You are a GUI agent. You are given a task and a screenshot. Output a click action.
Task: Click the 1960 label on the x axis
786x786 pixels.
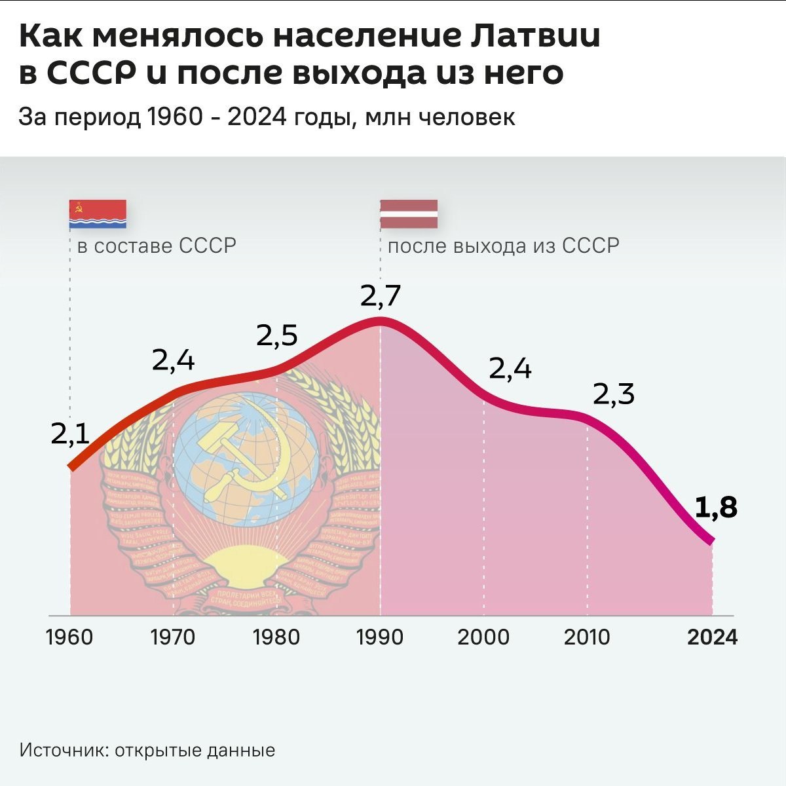pyautogui.click(x=69, y=637)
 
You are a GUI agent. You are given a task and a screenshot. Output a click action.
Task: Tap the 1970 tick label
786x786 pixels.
pyautogui.click(x=173, y=637)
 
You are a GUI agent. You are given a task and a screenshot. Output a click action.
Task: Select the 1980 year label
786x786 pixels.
pyautogui.click(x=276, y=637)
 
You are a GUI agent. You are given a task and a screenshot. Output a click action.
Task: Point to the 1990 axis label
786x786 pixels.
pyautogui.click(x=380, y=637)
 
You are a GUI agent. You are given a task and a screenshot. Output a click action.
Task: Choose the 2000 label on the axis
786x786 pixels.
pyautogui.click(x=483, y=637)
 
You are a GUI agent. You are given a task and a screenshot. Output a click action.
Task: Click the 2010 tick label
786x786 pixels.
pyautogui.click(x=587, y=637)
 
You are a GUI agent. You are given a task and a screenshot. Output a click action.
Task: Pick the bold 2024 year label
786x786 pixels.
pyautogui.click(x=712, y=637)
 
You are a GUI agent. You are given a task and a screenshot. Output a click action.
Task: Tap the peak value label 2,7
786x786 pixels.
pyautogui.click(x=380, y=297)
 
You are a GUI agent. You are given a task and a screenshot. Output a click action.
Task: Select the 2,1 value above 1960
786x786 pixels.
pyautogui.click(x=70, y=434)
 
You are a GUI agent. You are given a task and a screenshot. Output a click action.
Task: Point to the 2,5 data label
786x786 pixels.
pyautogui.click(x=276, y=335)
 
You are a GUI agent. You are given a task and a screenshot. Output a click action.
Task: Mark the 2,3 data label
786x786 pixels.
pyautogui.click(x=614, y=394)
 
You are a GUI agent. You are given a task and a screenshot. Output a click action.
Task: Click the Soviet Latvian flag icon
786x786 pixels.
pyautogui.click(x=98, y=214)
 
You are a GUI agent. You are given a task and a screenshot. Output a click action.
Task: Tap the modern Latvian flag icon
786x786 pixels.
pyautogui.click(x=409, y=214)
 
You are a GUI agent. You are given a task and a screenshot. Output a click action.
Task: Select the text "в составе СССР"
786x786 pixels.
pyautogui.click(x=157, y=246)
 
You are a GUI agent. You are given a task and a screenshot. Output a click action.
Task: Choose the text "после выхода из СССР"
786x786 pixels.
pyautogui.click(x=503, y=246)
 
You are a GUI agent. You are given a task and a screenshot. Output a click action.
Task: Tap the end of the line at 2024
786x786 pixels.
pyautogui.click(x=711, y=541)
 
